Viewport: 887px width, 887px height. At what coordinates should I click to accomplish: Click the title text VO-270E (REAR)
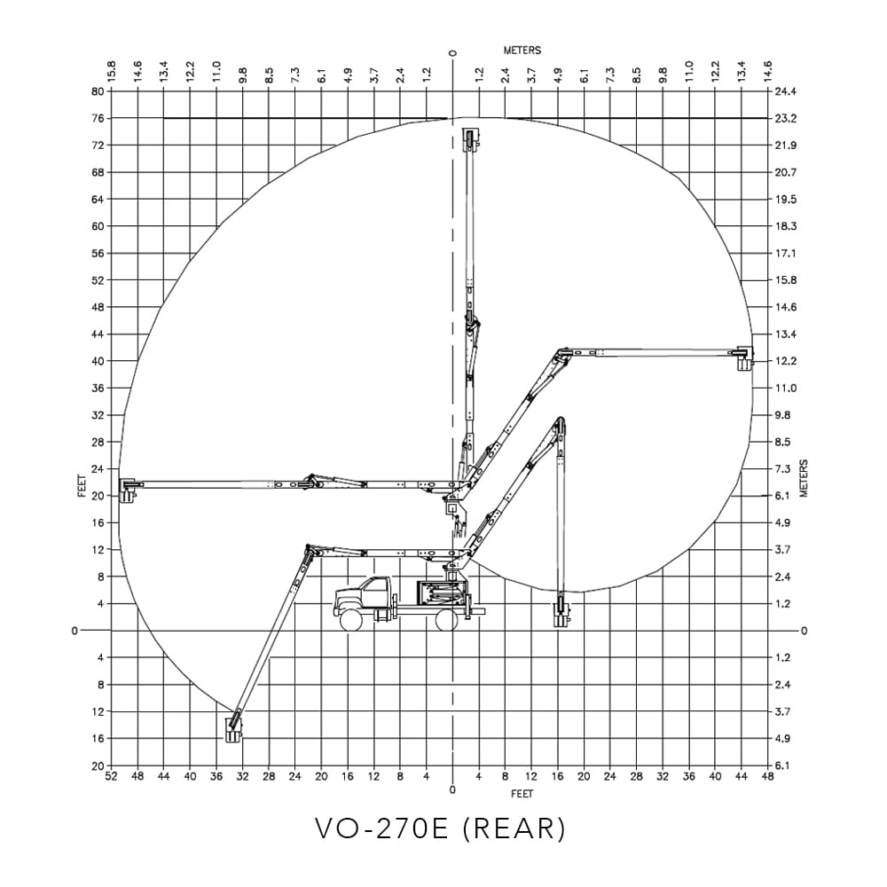[x=440, y=828]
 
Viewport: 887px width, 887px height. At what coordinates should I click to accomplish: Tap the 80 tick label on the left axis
[x=98, y=91]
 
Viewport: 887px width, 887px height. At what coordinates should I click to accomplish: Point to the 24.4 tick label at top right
[x=785, y=91]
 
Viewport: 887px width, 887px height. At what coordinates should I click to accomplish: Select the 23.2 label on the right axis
[x=785, y=119]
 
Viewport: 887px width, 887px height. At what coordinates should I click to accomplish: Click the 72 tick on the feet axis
[x=98, y=145]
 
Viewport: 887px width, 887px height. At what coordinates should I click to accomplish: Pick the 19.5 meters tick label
[x=785, y=199]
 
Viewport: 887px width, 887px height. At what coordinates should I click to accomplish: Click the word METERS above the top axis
[x=522, y=51]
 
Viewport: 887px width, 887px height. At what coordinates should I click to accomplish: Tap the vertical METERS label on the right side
[x=805, y=479]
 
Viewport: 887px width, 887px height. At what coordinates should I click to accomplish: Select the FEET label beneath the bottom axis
[x=522, y=794]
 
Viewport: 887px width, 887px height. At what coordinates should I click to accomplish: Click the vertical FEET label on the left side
[x=82, y=486]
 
